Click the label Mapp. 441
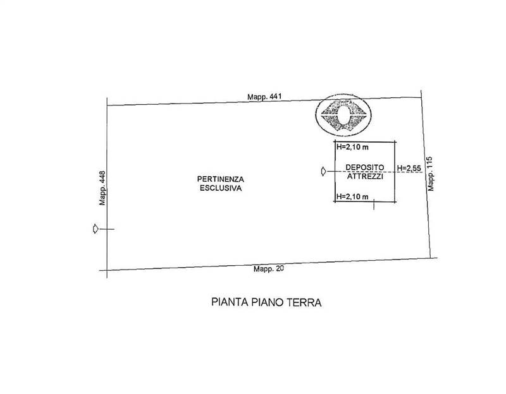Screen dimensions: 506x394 pos(264,97)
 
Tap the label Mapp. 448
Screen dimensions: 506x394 pos(102,188)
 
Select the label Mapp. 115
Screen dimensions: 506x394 pos(431,174)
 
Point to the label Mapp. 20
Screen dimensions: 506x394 pos(268,268)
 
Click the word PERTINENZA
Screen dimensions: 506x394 pos(220,179)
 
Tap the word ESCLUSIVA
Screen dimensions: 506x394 pos(221,188)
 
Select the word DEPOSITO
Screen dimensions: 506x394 pos(365,167)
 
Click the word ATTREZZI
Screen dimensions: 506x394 pos(365,177)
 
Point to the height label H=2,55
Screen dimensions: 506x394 pos(409,168)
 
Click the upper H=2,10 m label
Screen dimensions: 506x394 pos(352,147)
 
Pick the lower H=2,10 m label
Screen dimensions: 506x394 pos(352,196)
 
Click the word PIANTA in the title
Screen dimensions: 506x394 pos(230,302)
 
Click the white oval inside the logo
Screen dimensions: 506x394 pos(343,114)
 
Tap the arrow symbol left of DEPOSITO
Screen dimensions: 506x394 pos(323,172)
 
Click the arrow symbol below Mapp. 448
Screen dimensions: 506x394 pos(96,229)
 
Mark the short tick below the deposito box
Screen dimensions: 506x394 pos(374,205)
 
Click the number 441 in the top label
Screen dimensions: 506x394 pos(275,97)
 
